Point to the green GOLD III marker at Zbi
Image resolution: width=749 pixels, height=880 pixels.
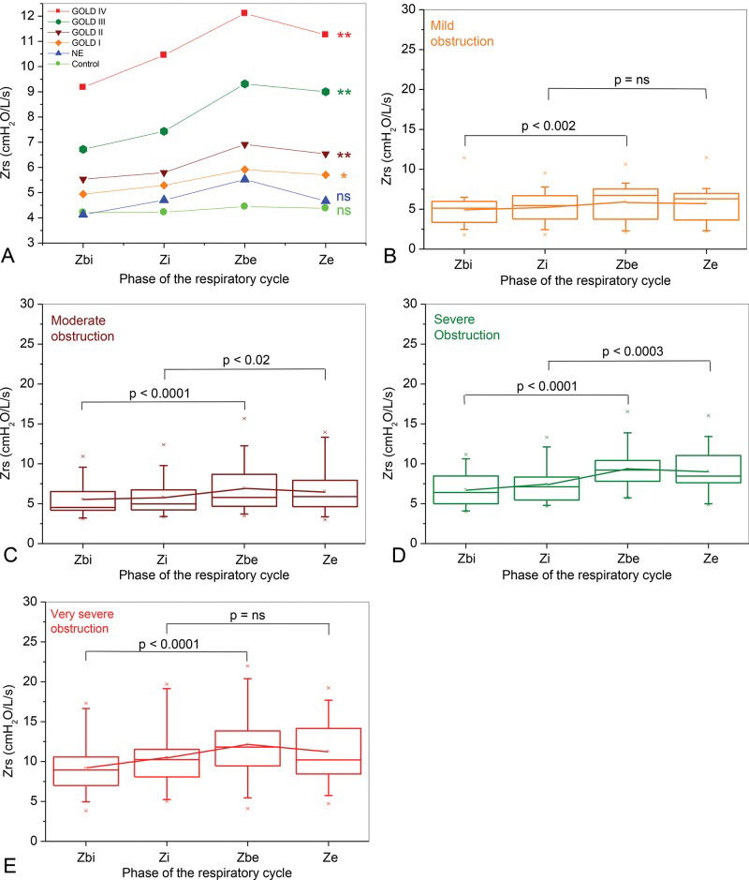coord(83,149)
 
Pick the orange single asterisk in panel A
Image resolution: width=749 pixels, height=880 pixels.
coord(344,176)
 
